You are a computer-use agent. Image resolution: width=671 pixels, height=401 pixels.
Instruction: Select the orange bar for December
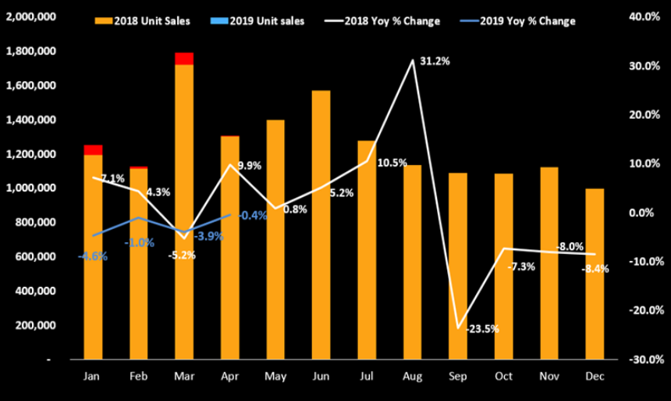595,274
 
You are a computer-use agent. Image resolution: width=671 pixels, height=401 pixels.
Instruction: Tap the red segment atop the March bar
184,59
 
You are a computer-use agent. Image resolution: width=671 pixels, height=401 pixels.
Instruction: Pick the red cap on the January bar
93,149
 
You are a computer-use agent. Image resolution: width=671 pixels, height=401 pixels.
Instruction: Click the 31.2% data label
434,61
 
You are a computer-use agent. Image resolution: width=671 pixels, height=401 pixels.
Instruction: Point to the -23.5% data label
482,329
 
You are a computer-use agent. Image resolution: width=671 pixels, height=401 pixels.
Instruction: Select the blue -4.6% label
93,256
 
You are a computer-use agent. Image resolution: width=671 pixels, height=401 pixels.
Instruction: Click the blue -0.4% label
253,216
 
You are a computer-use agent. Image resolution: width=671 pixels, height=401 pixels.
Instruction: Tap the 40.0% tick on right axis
642,17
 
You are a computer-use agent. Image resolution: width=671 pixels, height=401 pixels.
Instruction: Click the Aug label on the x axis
412,377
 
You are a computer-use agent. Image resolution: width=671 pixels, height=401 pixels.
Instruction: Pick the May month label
275,377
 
